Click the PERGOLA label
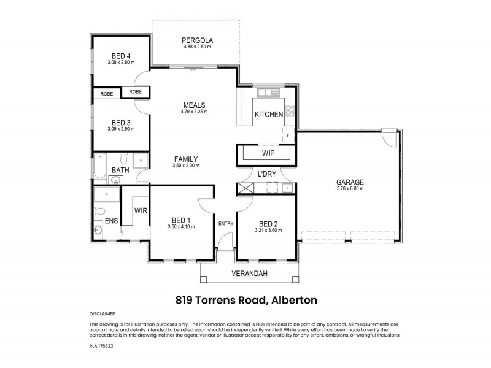coord(196,40)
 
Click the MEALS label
coord(194,105)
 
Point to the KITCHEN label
coord(269,114)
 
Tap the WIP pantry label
coord(268,153)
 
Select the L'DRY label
coord(267,174)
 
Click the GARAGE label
coord(350,182)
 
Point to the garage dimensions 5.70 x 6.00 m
coord(350,189)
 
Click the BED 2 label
coord(268,223)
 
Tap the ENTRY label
coord(225,223)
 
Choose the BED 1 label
coord(181,220)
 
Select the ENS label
coord(111,221)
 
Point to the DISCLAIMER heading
coord(102,313)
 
